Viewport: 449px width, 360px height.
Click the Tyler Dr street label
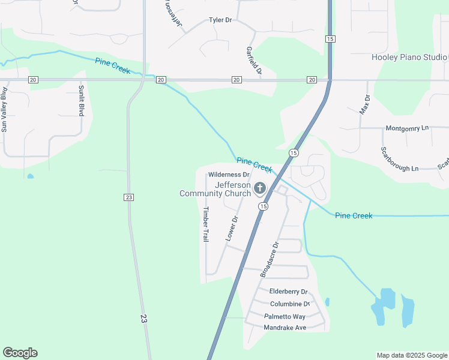coord(220,20)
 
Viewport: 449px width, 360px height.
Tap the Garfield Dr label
coord(254,61)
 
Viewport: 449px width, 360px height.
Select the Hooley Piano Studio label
coord(409,58)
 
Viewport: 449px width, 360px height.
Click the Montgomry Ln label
coord(407,128)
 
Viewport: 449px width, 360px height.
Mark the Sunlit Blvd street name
coord(81,100)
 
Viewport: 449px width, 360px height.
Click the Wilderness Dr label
coord(229,175)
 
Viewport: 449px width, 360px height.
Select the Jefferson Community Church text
coord(215,189)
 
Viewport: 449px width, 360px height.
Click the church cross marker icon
coord(260,189)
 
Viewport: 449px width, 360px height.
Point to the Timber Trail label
coord(205,224)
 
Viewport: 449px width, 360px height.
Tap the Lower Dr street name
coord(232,229)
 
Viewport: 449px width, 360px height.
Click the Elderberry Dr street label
coord(288,292)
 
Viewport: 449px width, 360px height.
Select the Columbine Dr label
coord(289,304)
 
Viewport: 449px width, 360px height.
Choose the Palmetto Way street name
coord(285,316)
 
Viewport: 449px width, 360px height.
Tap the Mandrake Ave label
coord(285,328)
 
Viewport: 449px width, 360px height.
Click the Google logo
coord(20,353)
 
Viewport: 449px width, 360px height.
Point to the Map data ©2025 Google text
coord(412,355)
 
